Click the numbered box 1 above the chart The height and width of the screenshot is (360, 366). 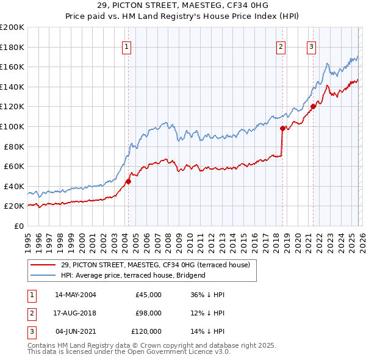click(126, 47)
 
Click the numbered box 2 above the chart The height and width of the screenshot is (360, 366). click(281, 47)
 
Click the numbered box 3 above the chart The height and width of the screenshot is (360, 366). click(311, 47)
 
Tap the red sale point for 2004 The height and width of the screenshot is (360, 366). click(129, 181)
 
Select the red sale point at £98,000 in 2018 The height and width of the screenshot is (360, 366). click(282, 128)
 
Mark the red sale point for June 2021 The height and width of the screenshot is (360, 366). click(313, 106)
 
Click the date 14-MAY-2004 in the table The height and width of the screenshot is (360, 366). click(75, 295)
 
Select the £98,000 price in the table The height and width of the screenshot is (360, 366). click(148, 313)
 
